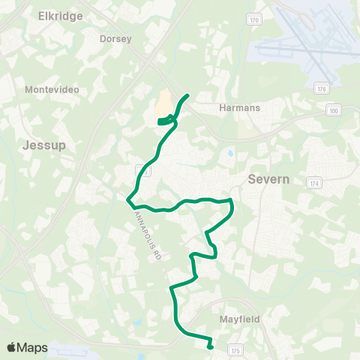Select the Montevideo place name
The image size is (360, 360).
(x=52, y=89)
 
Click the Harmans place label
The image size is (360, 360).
(x=239, y=107)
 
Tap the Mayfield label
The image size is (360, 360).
(x=240, y=319)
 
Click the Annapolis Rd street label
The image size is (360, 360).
(x=147, y=233)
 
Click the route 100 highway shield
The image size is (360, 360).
(x=334, y=110)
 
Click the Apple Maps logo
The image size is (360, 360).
(x=27, y=347)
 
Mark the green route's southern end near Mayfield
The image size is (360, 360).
(x=210, y=346)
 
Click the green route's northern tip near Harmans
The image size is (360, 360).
(x=187, y=96)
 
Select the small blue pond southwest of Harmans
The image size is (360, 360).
(x=228, y=154)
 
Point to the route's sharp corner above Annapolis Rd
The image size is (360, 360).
(x=128, y=199)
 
